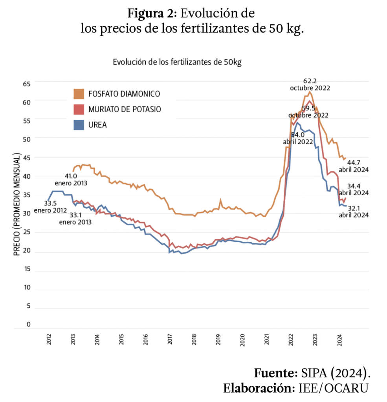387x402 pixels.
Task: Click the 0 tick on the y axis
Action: click(28, 324)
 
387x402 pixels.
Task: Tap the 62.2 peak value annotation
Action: click(310, 81)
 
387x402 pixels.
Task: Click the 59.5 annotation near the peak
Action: click(308, 108)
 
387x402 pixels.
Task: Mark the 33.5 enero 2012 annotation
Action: click(50, 203)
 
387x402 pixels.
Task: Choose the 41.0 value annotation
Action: click(71, 176)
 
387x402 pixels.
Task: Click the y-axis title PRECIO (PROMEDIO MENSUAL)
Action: click(17, 205)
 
